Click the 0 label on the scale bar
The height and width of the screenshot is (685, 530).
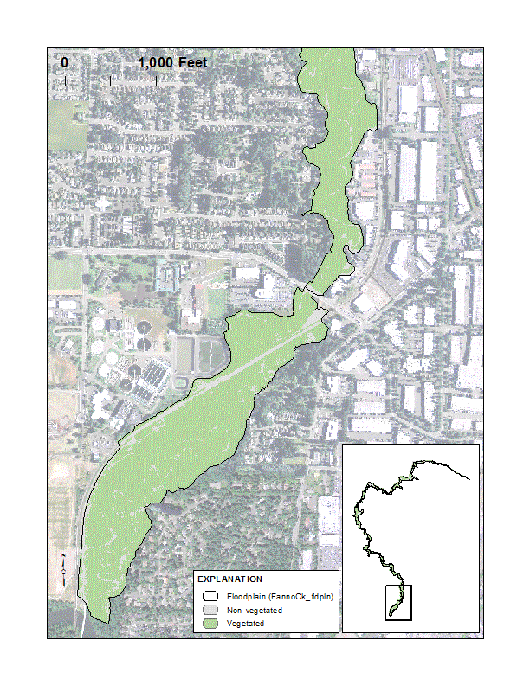coord(65,64)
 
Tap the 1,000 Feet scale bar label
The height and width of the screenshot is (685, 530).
coord(172,64)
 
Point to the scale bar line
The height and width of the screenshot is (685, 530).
coord(111,80)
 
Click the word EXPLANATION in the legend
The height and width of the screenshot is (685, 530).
coord(229,579)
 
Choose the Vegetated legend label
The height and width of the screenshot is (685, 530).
coord(245,624)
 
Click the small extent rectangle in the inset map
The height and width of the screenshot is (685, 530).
coord(397,602)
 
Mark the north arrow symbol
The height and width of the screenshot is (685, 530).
coord(64,566)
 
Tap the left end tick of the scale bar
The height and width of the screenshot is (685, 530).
coord(66,80)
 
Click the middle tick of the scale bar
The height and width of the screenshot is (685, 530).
coord(111,80)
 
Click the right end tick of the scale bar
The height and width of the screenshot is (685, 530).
coord(156,80)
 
